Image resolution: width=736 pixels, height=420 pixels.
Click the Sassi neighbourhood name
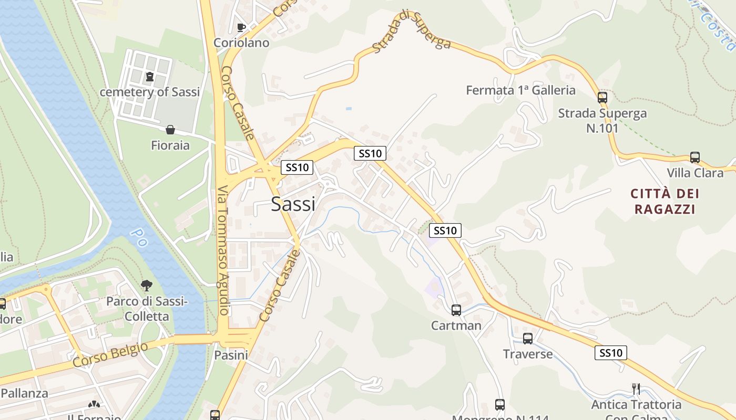coord(293,204)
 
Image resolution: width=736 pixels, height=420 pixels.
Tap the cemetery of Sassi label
coord(150,92)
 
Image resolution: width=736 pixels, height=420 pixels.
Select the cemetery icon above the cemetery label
coord(150,77)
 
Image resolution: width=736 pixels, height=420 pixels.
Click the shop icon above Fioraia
coord(170,129)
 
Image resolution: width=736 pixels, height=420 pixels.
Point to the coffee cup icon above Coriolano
coord(241,27)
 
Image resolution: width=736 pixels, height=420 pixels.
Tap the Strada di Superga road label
coord(412,31)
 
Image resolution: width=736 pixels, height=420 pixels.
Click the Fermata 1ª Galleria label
coord(520,90)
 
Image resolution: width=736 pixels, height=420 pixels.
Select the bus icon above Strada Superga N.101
coord(602,97)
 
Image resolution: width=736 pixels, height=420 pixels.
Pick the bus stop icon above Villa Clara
coord(695,157)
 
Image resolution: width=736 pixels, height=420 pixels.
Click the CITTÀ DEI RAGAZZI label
coord(665,201)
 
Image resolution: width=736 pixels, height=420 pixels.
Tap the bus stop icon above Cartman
coord(456,310)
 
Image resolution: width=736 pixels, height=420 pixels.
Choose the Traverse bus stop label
coord(528,354)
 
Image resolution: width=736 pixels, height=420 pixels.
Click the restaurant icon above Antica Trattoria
coord(636,388)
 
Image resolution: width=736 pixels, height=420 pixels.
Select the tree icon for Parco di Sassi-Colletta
coord(147,286)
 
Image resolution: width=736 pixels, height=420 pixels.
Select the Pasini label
coord(231,355)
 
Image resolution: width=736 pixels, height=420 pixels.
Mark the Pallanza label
coord(24,393)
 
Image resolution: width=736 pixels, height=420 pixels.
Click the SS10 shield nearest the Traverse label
coord(611,353)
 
